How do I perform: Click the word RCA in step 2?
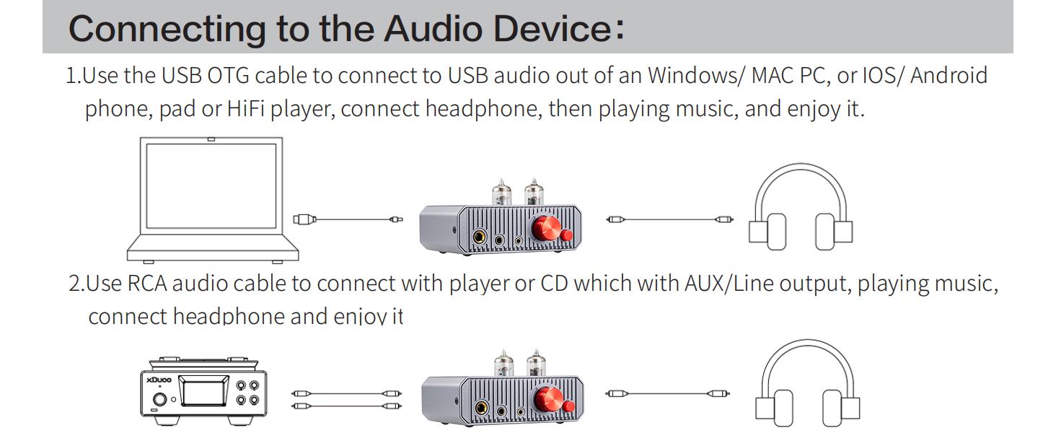[147, 284]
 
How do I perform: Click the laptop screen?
[211, 187]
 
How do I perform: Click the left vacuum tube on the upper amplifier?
[502, 193]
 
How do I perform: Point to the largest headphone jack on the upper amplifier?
[478, 236]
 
